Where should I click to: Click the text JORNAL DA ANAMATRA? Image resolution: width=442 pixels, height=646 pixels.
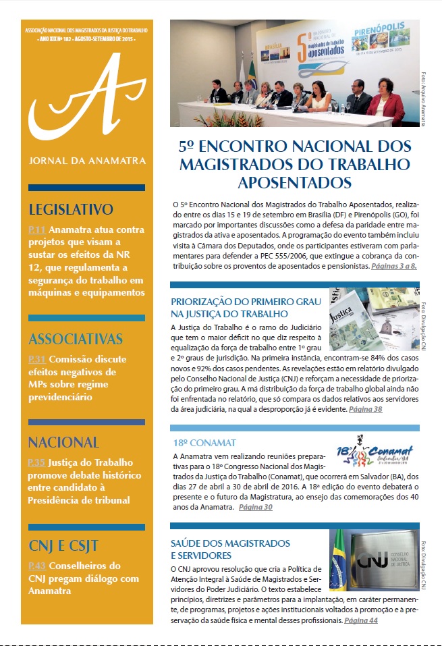point(84,163)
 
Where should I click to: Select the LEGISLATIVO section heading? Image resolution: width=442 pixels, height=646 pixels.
point(71,209)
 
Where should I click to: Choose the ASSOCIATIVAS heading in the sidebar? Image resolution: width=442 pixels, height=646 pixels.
point(76,339)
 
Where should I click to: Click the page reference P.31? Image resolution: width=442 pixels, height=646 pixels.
point(36,360)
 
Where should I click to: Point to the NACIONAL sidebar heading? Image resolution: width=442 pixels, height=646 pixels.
point(63,443)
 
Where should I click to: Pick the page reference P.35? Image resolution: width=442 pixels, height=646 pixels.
point(36,464)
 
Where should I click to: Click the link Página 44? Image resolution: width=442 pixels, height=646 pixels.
point(360,620)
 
